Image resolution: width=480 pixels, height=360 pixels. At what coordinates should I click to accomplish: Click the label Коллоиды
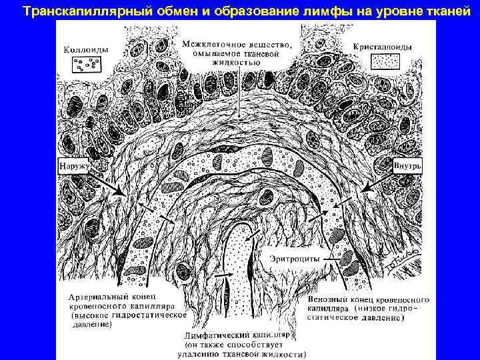86,49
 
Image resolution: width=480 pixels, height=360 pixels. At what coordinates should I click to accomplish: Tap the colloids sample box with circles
85,65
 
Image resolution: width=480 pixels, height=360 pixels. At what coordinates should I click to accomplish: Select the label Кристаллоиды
383,47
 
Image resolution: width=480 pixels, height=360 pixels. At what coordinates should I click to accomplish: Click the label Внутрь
405,163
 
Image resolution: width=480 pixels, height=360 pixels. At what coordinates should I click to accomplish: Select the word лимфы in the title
297,11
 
